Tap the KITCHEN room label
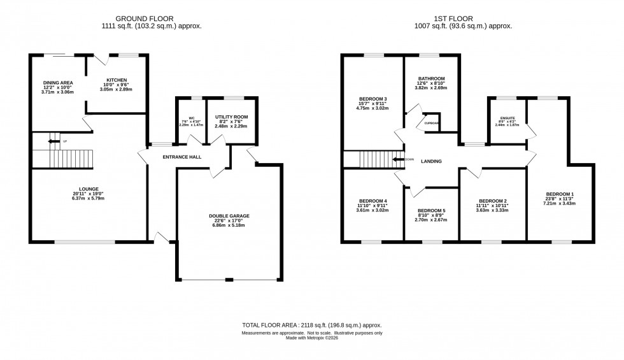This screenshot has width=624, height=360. pyautogui.click(x=117, y=80)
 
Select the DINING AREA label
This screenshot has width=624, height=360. pyautogui.click(x=58, y=83)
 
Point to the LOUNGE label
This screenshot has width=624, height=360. pyautogui.click(x=89, y=189)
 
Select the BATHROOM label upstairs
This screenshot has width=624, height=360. pyautogui.click(x=431, y=79)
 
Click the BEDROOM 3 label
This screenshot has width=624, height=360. pyautogui.click(x=373, y=99)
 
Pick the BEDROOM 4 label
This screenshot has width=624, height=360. pyautogui.click(x=373, y=201)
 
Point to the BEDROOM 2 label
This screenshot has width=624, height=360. pyautogui.click(x=492, y=200)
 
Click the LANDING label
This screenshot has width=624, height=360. pyautogui.click(x=431, y=161)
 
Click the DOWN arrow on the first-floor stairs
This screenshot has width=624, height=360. pyautogui.click(x=399, y=159)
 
